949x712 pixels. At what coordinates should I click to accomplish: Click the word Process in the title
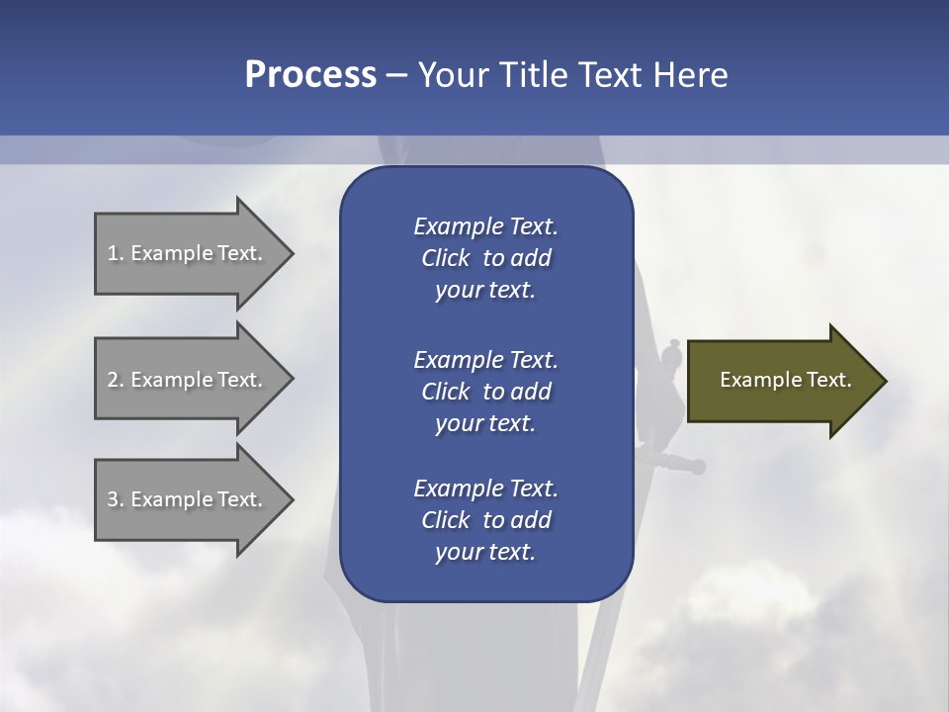point(310,75)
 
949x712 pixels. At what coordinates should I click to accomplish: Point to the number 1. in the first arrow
point(116,253)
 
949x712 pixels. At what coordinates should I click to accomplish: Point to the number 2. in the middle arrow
point(116,380)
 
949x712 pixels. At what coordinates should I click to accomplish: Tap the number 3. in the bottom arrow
point(116,499)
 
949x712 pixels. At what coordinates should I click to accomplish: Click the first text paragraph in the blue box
point(485,258)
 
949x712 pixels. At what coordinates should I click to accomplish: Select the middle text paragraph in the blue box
point(485,391)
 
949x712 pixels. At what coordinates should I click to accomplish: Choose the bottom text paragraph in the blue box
point(485,520)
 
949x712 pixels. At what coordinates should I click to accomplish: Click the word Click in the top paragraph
point(445,258)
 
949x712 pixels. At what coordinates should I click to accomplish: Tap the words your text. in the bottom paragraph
point(485,553)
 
